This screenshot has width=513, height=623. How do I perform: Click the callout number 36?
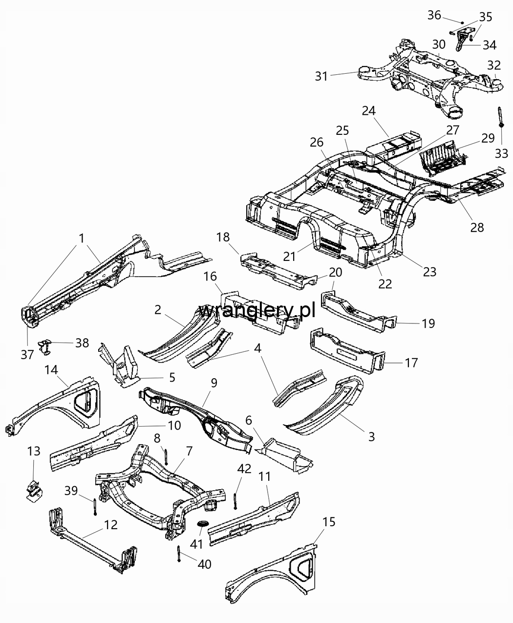click(434, 15)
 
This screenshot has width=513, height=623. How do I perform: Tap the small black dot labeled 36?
click(462, 22)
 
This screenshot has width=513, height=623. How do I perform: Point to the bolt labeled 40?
click(178, 554)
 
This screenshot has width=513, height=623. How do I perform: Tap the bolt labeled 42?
click(235, 501)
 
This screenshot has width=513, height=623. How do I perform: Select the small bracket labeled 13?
click(33, 490)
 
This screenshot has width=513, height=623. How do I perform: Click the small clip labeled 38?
click(45, 347)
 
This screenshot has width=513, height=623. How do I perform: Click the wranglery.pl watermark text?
click(257, 311)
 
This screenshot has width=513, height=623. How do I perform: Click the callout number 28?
click(477, 227)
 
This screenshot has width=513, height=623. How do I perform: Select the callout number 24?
click(369, 111)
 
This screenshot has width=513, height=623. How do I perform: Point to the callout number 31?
click(321, 76)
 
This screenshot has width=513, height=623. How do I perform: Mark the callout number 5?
click(172, 377)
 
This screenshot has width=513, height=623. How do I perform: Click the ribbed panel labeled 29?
click(443, 159)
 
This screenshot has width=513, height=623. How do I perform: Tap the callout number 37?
click(27, 355)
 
